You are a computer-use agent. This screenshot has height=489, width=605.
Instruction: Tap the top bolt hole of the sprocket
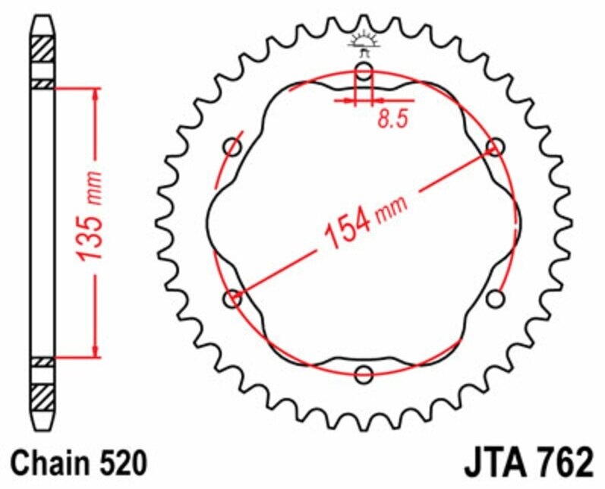pyautogui.click(x=364, y=73)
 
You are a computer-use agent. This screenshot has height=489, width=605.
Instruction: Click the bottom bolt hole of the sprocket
pyautogui.click(x=364, y=374)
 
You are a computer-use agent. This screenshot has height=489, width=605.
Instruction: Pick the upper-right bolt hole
pyautogui.click(x=495, y=147)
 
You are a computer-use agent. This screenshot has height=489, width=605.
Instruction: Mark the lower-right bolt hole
pyautogui.click(x=495, y=298)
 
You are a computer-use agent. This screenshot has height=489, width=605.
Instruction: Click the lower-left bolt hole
pyautogui.click(x=233, y=299)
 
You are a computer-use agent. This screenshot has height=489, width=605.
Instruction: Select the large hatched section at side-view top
pyautogui.click(x=43, y=50)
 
